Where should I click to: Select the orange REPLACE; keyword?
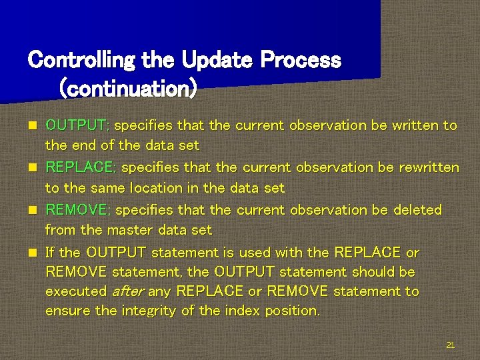(81, 167)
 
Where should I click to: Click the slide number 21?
(450, 345)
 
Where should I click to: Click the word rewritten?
(429, 167)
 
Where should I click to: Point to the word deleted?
(417, 210)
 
